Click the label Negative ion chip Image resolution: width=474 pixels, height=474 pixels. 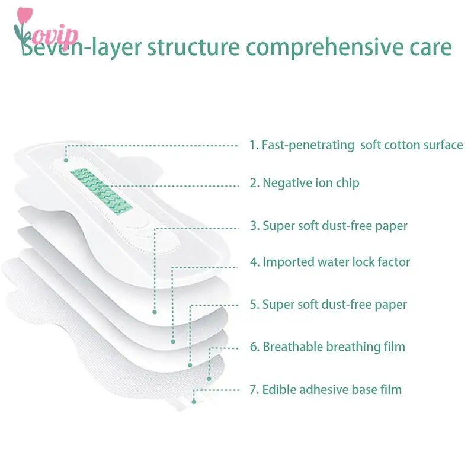pos(304,183)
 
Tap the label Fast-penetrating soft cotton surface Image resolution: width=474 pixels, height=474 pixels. pos(356,145)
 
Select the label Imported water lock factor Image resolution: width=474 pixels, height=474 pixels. pos(329,261)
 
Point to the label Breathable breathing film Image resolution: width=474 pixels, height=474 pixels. pos(327,347)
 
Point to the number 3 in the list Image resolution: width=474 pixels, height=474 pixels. pos(253,226)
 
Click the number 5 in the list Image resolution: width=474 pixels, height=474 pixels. pos(253,305)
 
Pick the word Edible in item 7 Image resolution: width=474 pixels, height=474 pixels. pos(281,389)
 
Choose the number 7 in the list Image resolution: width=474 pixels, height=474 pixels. pos(253,389)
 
